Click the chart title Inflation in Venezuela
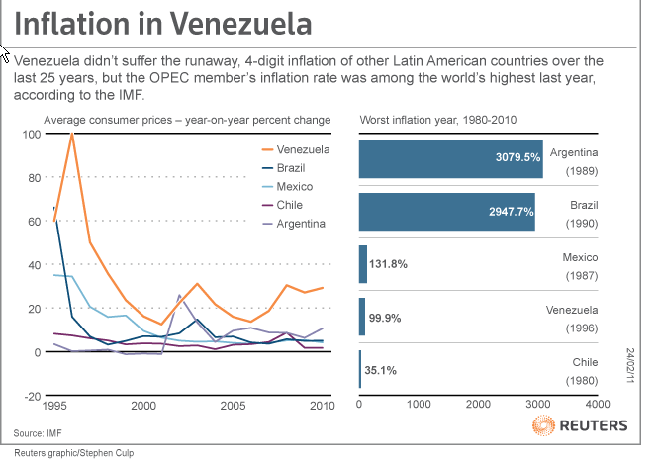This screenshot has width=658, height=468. [163, 24]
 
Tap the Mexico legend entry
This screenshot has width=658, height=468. [288, 187]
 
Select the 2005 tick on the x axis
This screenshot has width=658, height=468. [233, 407]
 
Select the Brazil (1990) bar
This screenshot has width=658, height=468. [446, 212]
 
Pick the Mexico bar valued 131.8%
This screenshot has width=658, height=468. [362, 264]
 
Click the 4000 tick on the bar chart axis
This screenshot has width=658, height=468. [597, 405]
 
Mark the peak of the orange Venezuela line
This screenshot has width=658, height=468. [72, 134]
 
